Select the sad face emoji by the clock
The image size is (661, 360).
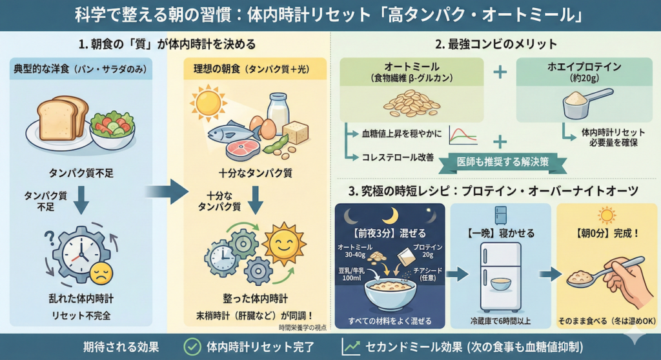coord(101,274)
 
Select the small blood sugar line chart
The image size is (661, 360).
coord(462,134)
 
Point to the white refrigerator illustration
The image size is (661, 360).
coord(500,267)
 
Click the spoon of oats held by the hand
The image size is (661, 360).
coord(585,275)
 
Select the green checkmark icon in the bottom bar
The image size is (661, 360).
coord(192,346)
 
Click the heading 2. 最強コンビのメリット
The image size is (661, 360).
coord(496,45)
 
